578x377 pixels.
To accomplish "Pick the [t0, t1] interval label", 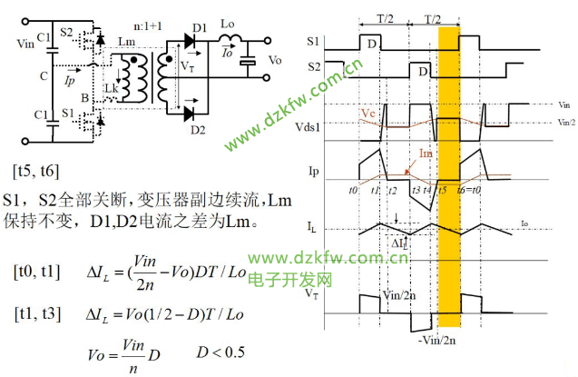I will click(x=38, y=271).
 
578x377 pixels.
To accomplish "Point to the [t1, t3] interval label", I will click(x=38, y=313).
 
